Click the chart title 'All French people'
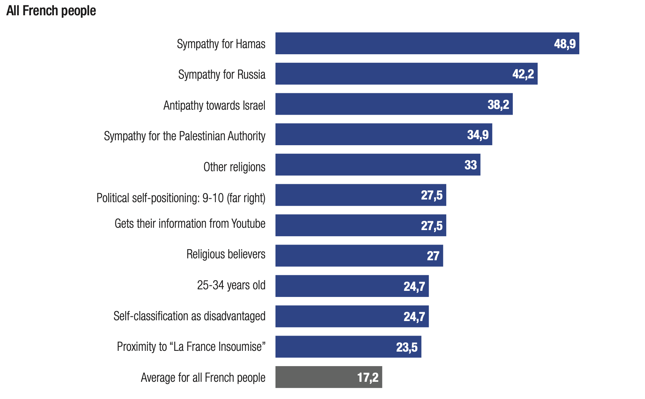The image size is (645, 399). tap(51, 11)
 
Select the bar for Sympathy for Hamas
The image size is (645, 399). tap(413, 44)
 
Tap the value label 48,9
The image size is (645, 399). tap(565, 44)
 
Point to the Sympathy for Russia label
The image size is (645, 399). tap(222, 75)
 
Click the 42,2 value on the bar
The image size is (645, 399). tap(523, 74)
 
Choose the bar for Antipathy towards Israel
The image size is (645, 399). tap(382, 104)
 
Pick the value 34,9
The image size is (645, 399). tap(478, 135)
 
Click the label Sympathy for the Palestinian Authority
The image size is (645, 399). tap(185, 136)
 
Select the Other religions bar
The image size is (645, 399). tap(367, 165)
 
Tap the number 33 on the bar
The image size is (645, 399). tap(470, 165)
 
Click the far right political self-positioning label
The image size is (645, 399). tap(181, 198)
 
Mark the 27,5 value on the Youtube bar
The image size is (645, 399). tap(432, 226)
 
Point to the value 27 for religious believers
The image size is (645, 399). tap(433, 256)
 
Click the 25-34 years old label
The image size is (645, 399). tap(231, 285)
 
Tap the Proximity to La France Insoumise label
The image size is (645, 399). tap(191, 347)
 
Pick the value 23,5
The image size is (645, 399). tap(407, 347)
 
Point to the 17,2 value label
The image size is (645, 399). tap(368, 378)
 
